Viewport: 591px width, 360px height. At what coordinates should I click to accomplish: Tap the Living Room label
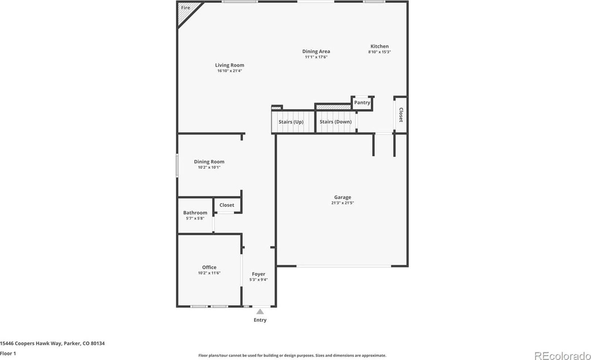tap(229, 65)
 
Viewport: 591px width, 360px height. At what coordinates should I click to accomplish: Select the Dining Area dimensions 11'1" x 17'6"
tap(316, 57)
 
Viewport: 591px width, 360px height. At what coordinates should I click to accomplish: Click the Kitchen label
tap(379, 47)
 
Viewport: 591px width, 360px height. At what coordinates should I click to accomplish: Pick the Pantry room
tap(362, 103)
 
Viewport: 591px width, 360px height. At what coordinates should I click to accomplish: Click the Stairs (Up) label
tap(291, 122)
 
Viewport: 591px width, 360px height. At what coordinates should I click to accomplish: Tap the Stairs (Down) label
tap(335, 122)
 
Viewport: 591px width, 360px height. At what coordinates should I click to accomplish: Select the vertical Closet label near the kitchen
tap(401, 115)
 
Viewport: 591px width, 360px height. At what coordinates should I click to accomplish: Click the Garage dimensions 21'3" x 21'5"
tap(342, 203)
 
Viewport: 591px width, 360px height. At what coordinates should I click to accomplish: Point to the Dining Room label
tap(209, 162)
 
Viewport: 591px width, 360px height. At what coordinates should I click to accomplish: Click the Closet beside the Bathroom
tap(227, 205)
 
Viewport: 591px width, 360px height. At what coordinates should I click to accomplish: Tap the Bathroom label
tap(195, 213)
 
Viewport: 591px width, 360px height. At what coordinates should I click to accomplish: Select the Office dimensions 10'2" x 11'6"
tap(209, 273)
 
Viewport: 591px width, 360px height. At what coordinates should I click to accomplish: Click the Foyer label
tap(259, 274)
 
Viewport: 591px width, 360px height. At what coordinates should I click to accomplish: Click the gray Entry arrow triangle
tap(260, 312)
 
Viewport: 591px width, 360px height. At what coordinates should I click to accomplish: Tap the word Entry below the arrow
tap(260, 320)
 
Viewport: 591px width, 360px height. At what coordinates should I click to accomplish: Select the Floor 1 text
tap(8, 354)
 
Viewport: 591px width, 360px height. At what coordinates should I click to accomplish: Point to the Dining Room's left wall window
tap(177, 166)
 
